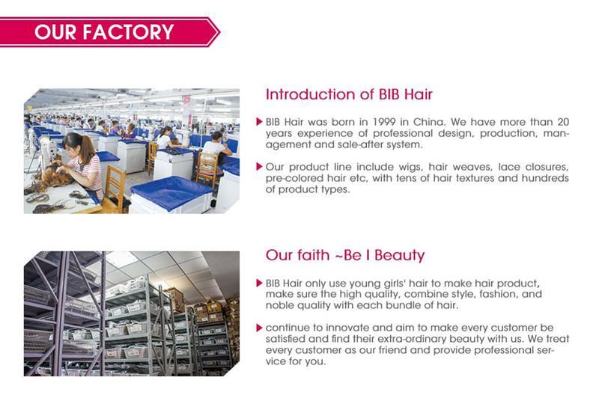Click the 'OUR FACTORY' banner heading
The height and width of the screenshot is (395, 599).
[104, 31]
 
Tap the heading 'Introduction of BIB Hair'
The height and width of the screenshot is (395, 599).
[349, 94]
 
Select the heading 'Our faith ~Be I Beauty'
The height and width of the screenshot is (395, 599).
[345, 255]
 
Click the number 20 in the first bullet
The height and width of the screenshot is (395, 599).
[563, 122]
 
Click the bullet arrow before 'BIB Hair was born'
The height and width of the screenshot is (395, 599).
[259, 122]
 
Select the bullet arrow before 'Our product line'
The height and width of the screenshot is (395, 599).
[259, 166]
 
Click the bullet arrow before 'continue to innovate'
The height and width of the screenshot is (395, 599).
[259, 328]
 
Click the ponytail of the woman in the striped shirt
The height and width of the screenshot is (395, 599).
[88, 149]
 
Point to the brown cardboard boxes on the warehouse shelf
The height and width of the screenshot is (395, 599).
[208, 312]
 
